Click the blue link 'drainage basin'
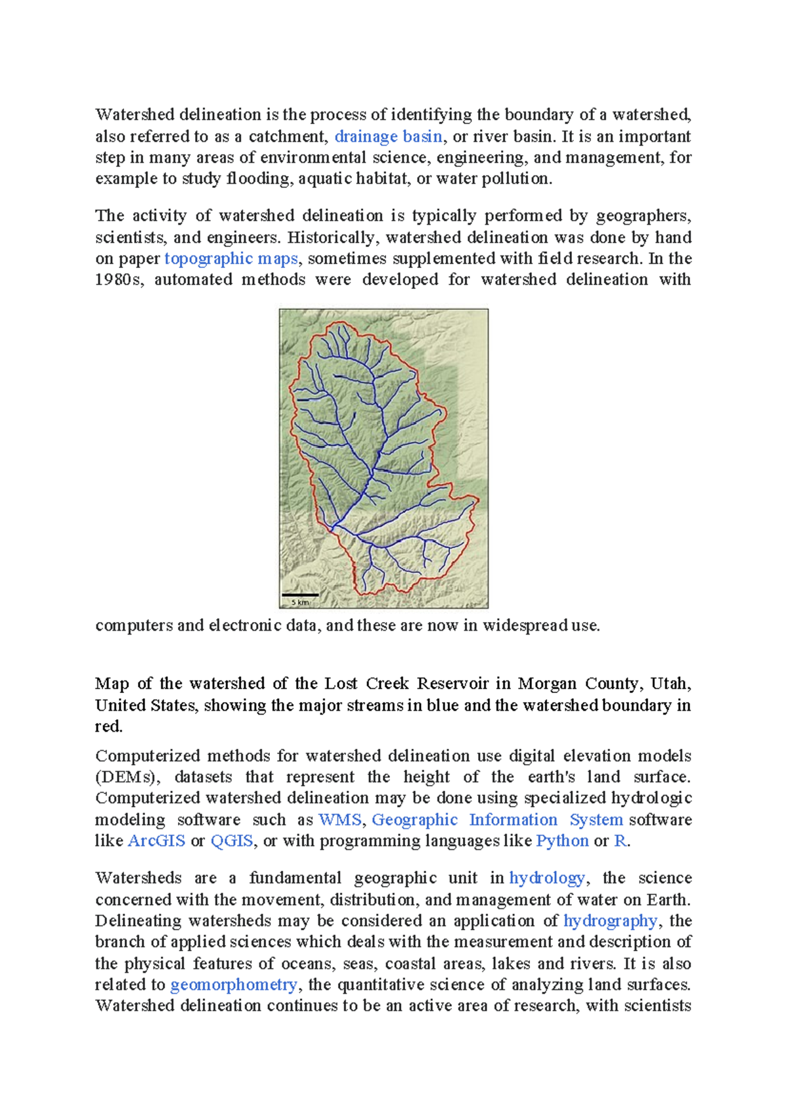pos(388,137)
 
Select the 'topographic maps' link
pos(231,258)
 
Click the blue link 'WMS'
pos(339,820)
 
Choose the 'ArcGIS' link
pos(156,841)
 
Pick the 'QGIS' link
pos(231,841)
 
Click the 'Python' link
pos(562,841)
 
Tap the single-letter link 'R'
pos(619,841)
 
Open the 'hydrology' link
pos(546,878)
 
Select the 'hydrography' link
pos(610,921)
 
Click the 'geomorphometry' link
pos(233,985)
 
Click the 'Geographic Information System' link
pos(497,820)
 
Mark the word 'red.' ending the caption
pos(109,726)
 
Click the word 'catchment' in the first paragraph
pos(287,137)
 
